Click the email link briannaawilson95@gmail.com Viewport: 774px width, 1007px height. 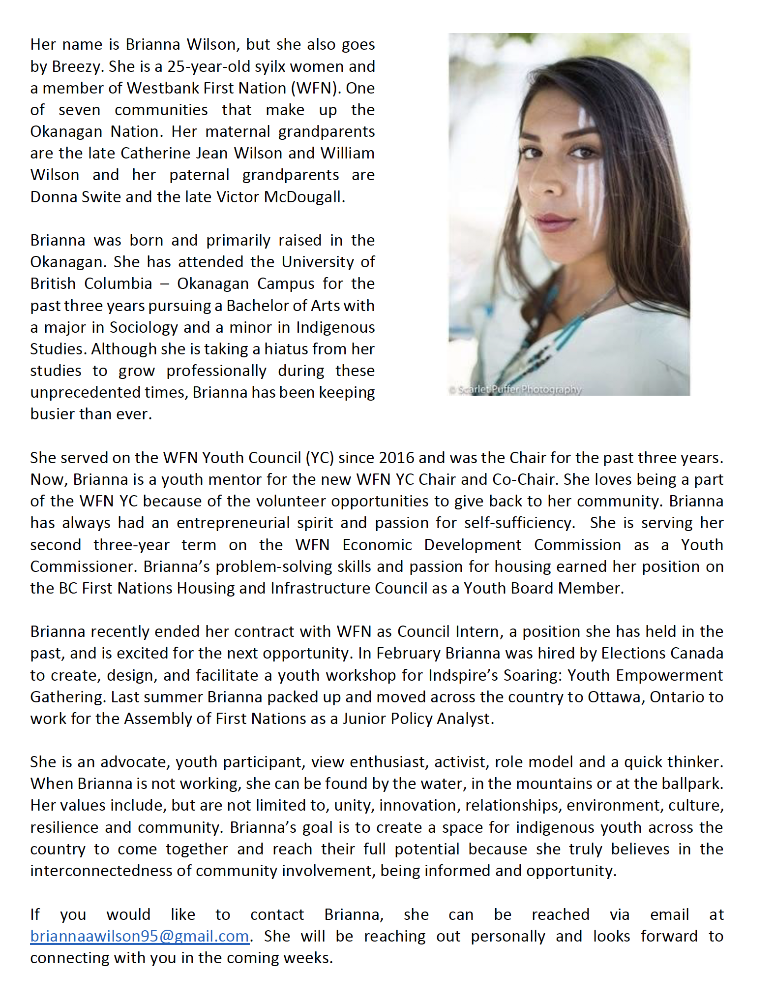tap(140, 936)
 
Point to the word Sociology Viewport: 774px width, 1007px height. tap(144, 327)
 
